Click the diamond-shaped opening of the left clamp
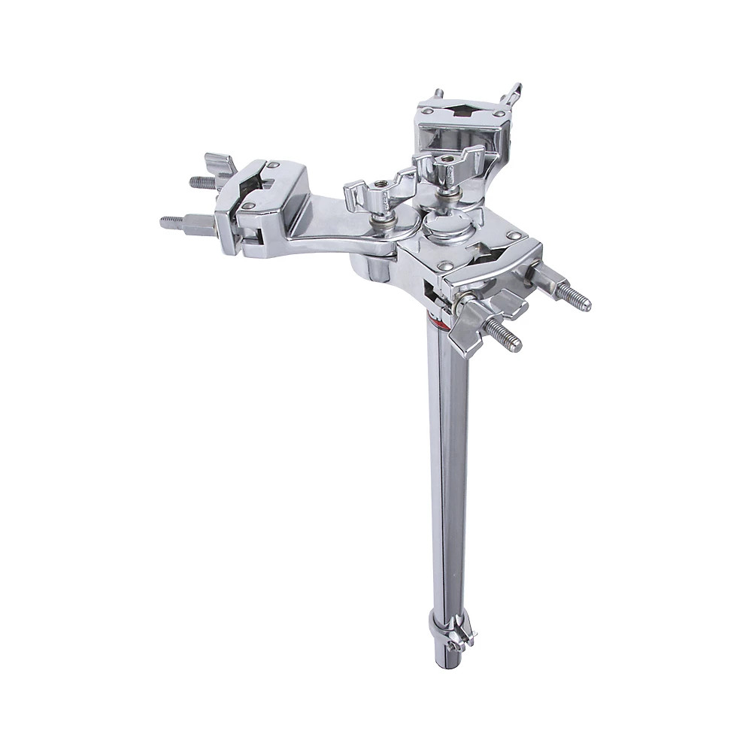point(254,180)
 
